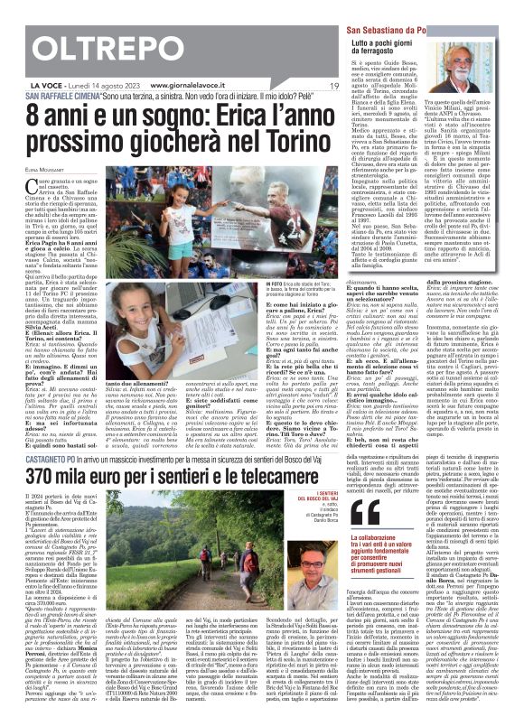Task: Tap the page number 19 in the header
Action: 333,86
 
